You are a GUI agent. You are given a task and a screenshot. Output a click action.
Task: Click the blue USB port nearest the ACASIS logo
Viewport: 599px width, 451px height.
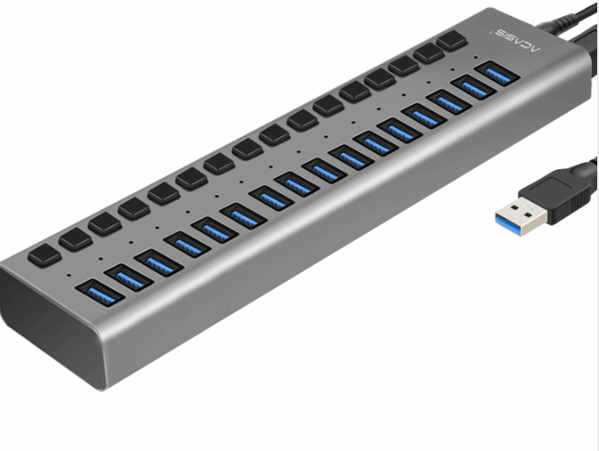click(x=492, y=72)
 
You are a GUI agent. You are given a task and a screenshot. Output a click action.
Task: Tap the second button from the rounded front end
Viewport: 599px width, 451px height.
click(x=74, y=239)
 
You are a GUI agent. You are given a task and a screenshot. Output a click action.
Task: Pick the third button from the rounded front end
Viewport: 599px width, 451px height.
click(x=104, y=224)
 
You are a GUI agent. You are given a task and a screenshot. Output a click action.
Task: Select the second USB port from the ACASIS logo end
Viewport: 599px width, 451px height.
click(x=468, y=86)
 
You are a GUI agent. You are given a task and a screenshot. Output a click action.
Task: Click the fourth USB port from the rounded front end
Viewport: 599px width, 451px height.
click(x=185, y=243)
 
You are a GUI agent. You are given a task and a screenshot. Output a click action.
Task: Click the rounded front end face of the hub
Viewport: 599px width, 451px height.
click(x=36, y=331)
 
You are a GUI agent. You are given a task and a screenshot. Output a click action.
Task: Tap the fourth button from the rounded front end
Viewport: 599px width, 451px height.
click(x=133, y=208)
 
